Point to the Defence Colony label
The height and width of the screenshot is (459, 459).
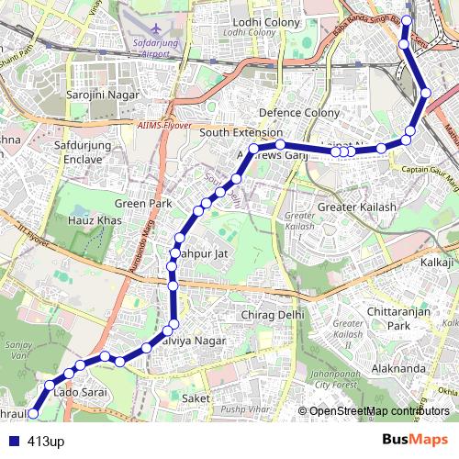click(x=299, y=113)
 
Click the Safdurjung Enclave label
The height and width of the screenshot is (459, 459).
click(x=84, y=151)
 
